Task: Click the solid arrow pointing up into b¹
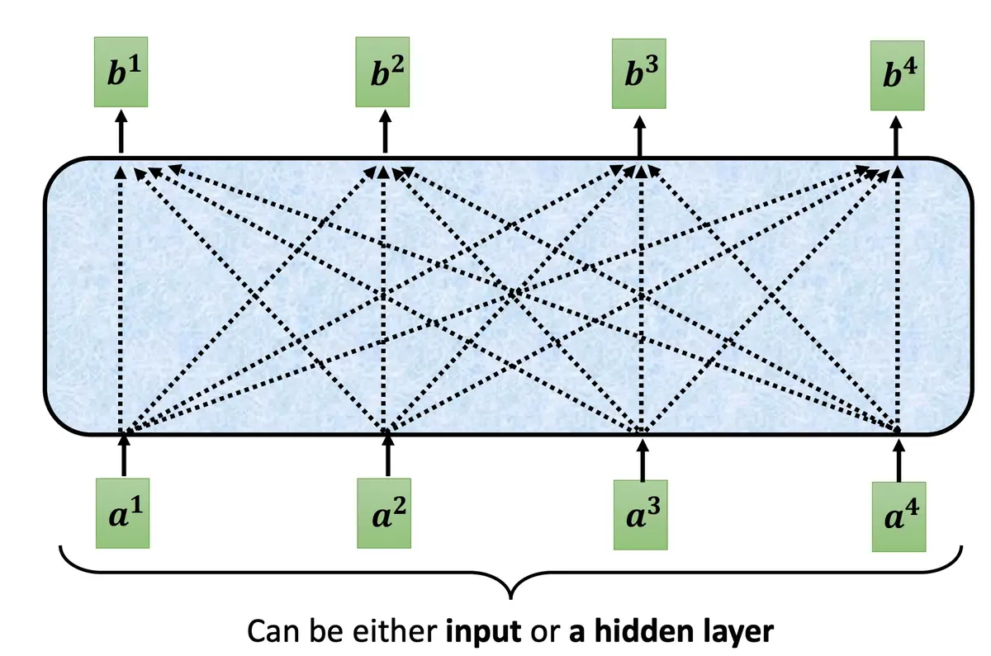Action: point(121,132)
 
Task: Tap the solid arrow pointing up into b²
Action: point(384,132)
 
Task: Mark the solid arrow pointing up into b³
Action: point(640,135)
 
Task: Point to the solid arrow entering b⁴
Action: point(898,136)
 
